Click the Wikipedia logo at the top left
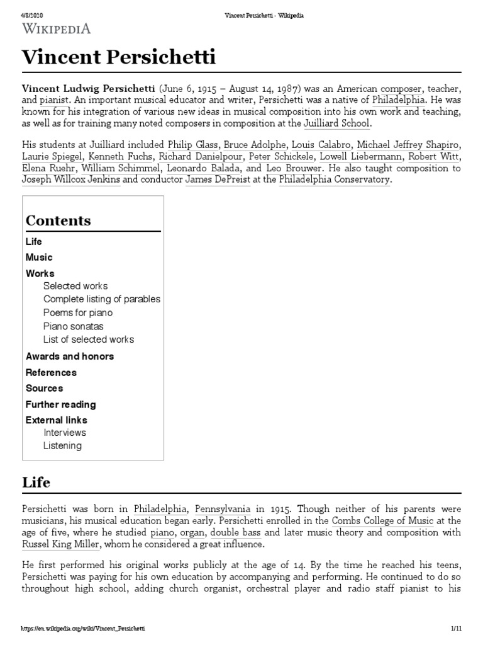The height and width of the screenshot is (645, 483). click(57, 28)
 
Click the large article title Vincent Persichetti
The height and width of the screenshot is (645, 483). click(119, 58)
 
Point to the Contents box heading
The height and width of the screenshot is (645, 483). click(58, 220)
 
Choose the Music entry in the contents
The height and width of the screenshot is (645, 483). click(39, 257)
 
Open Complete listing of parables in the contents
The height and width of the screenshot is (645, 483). click(101, 299)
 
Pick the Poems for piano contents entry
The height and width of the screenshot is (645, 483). click(78, 312)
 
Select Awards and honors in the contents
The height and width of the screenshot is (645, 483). click(70, 356)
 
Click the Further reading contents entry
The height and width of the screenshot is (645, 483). click(60, 404)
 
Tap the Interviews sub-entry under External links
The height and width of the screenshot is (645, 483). click(65, 433)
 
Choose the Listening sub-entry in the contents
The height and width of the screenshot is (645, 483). click(62, 446)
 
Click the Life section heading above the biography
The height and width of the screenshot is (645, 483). click(36, 482)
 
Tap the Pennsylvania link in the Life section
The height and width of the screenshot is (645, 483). click(223, 508)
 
